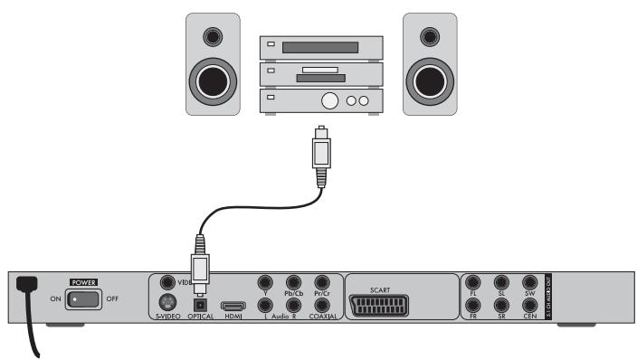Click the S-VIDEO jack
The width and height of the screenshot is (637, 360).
point(166,304)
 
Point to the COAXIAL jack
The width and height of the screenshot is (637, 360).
point(321,306)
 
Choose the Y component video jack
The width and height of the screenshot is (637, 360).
point(265,282)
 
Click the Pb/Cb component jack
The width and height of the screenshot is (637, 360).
point(293,282)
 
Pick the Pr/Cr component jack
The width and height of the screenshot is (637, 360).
point(321,282)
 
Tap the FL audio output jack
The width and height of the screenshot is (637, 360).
point(472,282)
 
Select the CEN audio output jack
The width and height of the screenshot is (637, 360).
point(530,306)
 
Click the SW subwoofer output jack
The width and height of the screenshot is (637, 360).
point(530,282)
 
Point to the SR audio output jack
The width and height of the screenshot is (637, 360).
point(501,306)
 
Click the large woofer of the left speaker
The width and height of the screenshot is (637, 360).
point(214,81)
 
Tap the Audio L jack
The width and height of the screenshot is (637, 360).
point(265,306)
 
